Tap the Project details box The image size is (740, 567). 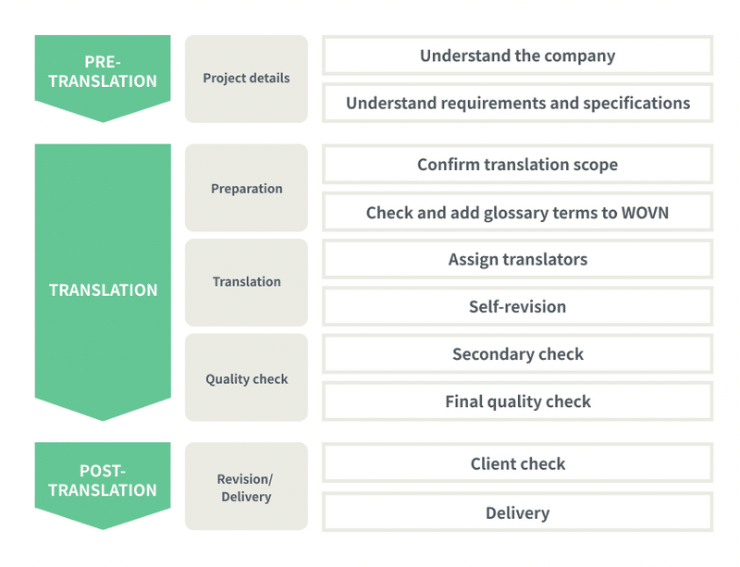246,79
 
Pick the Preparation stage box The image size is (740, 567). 246,188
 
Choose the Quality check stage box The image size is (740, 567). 246,377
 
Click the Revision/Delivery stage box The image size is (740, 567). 246,487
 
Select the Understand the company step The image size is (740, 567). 518,55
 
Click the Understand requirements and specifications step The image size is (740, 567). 518,103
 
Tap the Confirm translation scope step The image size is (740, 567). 518,165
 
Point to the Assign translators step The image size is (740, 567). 518,259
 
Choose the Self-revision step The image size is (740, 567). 518,306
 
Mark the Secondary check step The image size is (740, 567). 518,354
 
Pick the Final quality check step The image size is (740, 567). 518,401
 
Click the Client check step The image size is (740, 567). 518,463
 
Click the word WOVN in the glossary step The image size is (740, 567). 645,213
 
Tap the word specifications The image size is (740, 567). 636,104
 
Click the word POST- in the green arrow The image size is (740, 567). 103,471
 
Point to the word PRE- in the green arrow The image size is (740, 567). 103,62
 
